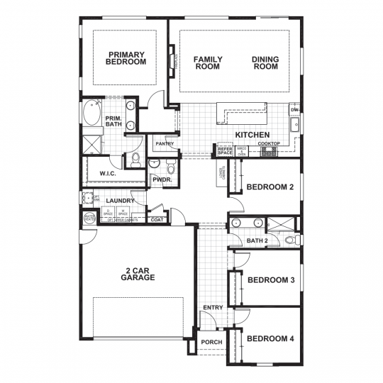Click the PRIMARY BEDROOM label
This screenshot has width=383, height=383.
pyautogui.click(x=126, y=58)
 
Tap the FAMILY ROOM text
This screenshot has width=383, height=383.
pyautogui.click(x=209, y=62)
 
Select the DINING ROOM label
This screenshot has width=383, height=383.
pyautogui.click(x=265, y=62)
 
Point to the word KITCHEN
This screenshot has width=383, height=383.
pyautogui.click(x=252, y=134)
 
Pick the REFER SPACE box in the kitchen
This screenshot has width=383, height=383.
pyautogui.click(x=225, y=151)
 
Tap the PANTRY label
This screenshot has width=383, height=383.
pyautogui.click(x=165, y=144)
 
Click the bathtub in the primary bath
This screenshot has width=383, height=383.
pyautogui.click(x=91, y=114)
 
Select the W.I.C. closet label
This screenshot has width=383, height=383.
pyautogui.click(x=108, y=172)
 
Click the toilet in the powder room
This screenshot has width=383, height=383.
pyautogui.click(x=170, y=167)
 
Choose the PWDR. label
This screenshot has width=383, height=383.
pyautogui.click(x=160, y=180)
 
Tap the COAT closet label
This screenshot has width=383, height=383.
pyautogui.click(x=157, y=220)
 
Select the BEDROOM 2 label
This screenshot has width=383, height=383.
pyautogui.click(x=270, y=188)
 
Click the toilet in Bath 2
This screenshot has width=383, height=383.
pyautogui.click(x=289, y=240)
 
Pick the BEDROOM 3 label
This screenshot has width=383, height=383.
pyautogui.click(x=270, y=280)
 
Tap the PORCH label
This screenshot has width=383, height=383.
pyautogui.click(x=211, y=342)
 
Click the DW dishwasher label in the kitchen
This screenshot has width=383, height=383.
pyautogui.click(x=294, y=110)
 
